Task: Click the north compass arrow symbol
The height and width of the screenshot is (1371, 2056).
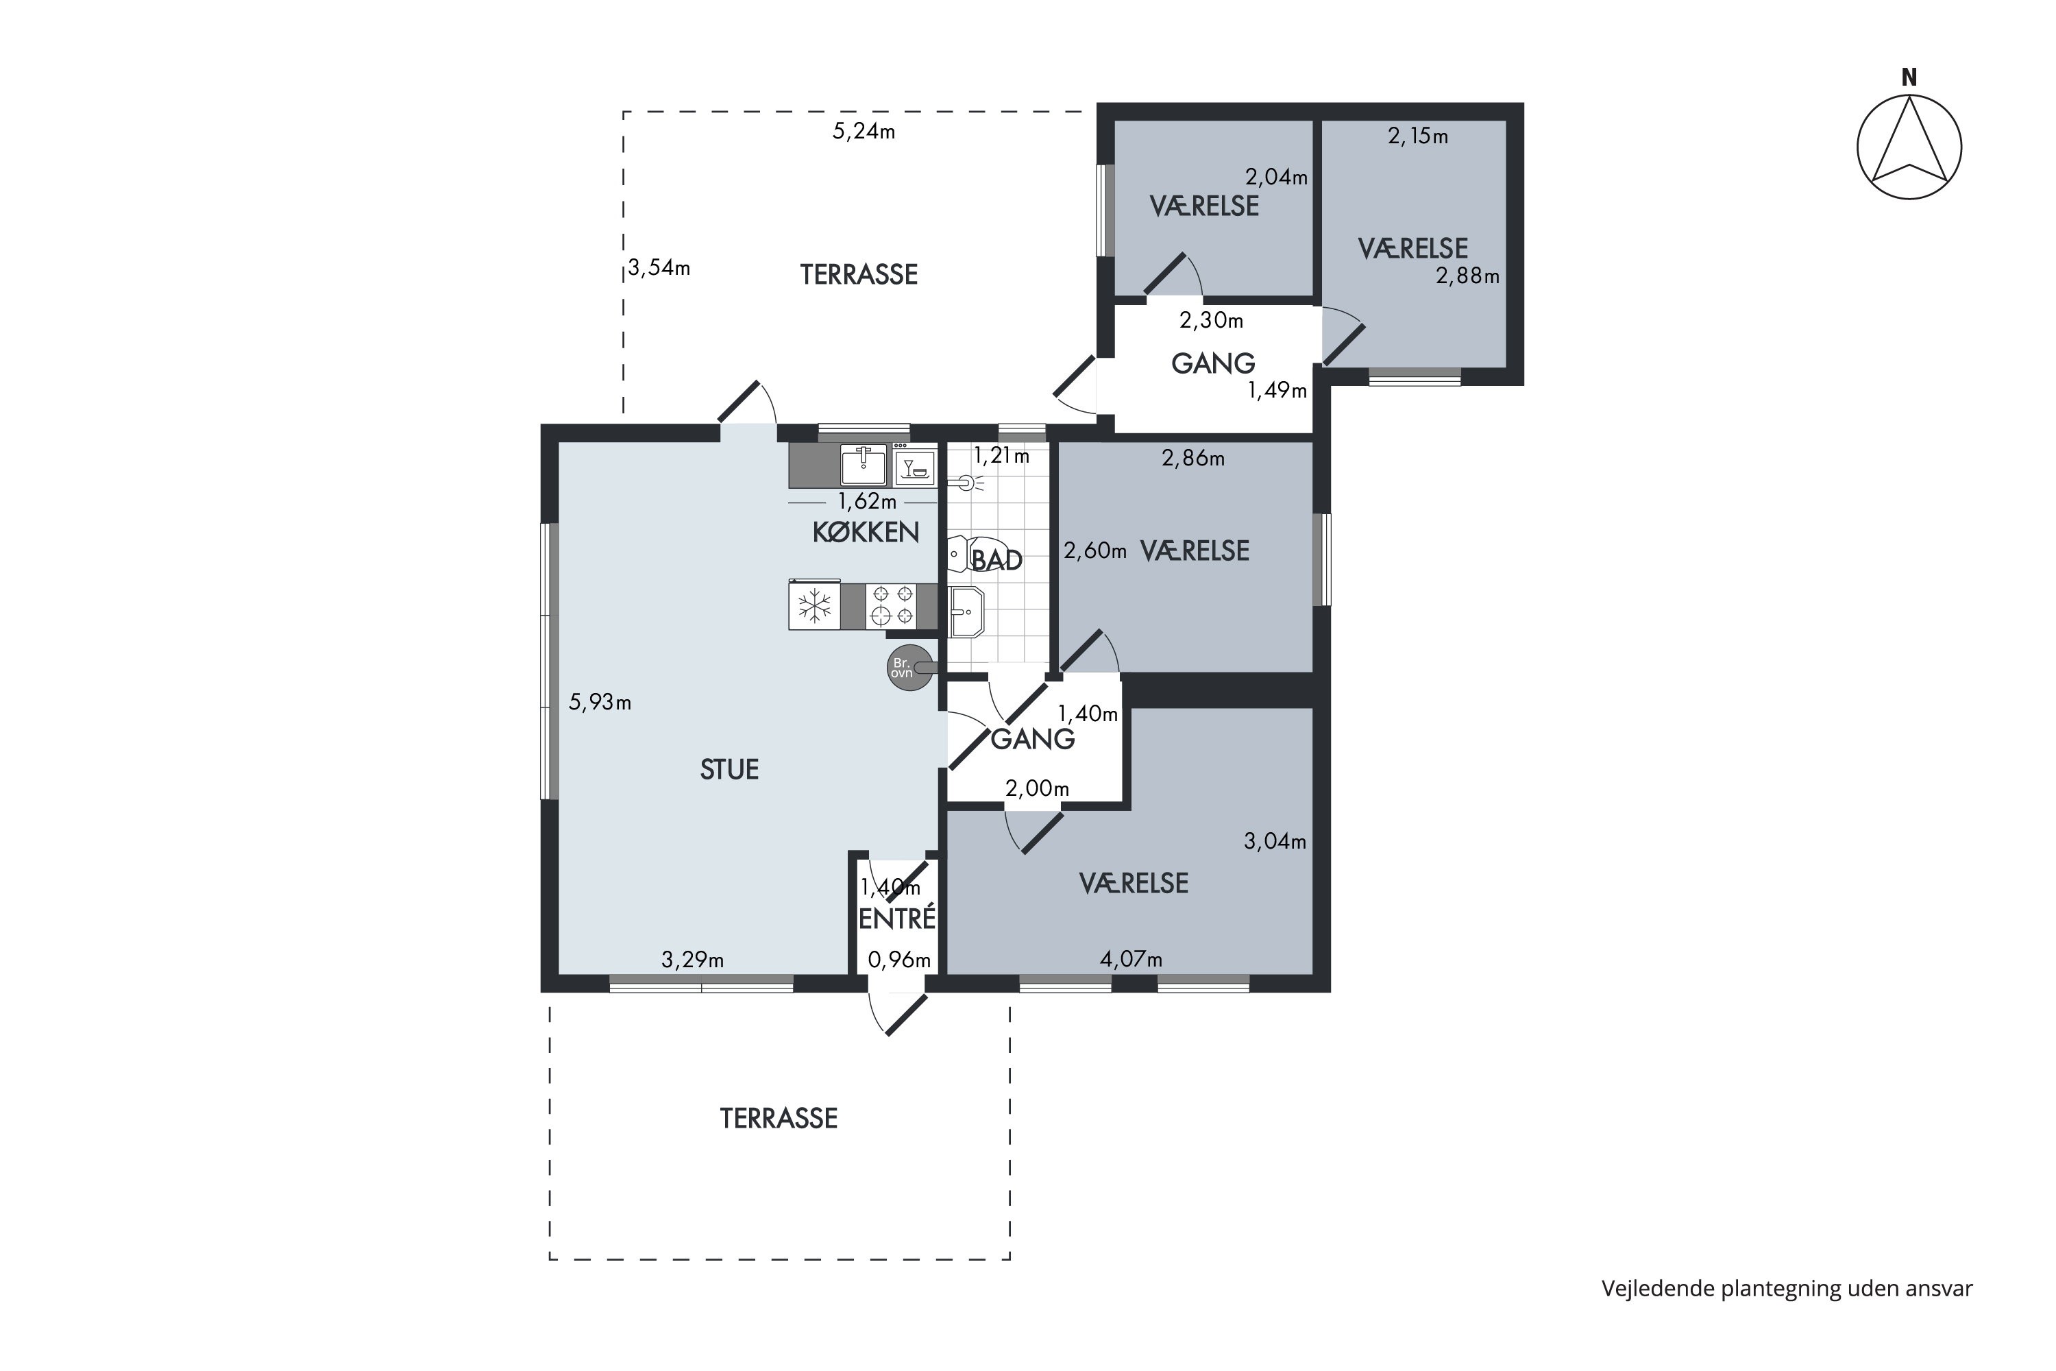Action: click(1909, 147)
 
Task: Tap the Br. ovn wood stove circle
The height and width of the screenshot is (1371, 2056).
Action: click(909, 669)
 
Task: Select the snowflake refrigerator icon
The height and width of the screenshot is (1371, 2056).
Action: click(815, 605)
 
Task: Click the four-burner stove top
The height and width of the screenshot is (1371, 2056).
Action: click(892, 605)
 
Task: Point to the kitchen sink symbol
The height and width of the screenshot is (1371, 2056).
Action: click(864, 464)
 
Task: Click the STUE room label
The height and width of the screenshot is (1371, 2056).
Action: click(729, 769)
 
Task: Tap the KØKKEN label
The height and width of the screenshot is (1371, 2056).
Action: click(866, 533)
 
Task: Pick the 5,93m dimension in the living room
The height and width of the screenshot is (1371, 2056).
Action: click(600, 702)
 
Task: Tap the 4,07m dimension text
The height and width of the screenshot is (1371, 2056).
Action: click(1131, 959)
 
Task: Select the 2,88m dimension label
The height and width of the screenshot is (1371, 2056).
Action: click(1468, 276)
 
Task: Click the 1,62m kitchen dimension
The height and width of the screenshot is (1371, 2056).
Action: click(867, 502)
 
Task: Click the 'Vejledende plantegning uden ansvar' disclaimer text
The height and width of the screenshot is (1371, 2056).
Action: click(1787, 1288)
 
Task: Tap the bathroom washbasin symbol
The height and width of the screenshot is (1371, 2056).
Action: click(967, 612)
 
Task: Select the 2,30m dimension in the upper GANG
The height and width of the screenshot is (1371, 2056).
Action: click(1212, 321)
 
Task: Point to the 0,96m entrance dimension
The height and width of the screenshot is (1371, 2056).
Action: click(898, 960)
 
